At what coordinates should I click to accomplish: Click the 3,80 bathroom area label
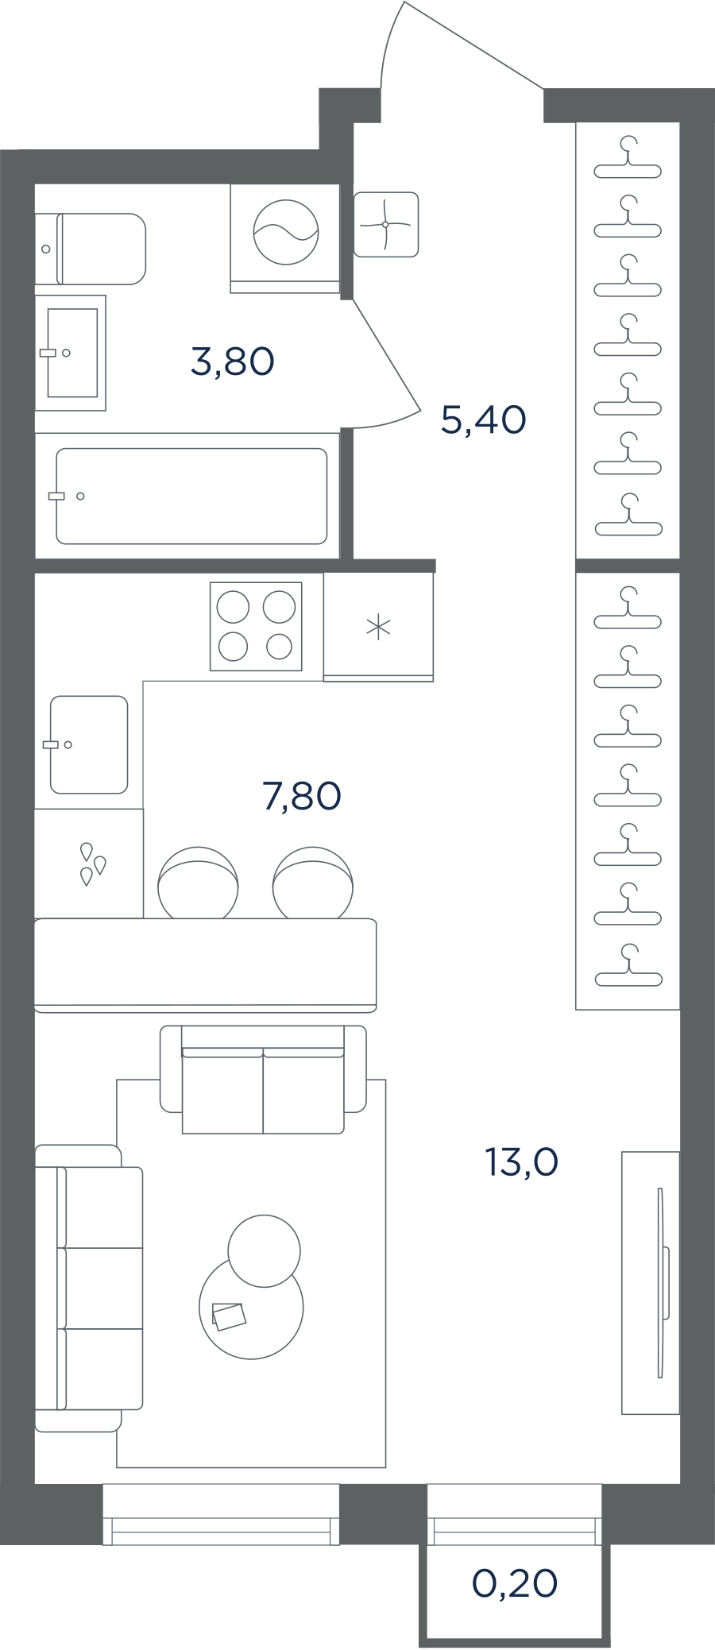(x=233, y=361)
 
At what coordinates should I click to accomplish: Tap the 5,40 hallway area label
(x=483, y=419)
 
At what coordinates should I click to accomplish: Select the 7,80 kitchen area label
(x=302, y=795)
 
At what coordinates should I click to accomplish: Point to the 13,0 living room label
(x=522, y=1162)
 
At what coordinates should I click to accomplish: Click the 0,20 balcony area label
(x=515, y=1583)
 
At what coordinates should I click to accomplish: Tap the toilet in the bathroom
(x=91, y=249)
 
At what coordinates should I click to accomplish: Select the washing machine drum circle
(x=286, y=232)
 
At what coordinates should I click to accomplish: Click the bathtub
(x=191, y=497)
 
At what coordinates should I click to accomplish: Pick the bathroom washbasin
(x=71, y=353)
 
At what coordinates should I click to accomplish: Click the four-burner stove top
(x=256, y=627)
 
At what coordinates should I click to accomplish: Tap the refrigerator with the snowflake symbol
(x=378, y=627)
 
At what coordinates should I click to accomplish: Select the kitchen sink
(x=89, y=745)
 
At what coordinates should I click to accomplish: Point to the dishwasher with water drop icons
(x=89, y=864)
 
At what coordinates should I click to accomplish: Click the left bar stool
(x=198, y=882)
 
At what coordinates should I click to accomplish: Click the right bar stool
(x=313, y=882)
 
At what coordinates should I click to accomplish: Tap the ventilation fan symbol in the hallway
(x=386, y=224)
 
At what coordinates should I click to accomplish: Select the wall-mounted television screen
(x=662, y=1283)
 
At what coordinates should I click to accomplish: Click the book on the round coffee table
(x=229, y=1316)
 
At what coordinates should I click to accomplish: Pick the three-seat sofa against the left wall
(x=89, y=1289)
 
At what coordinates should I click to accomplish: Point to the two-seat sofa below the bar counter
(x=263, y=1080)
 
